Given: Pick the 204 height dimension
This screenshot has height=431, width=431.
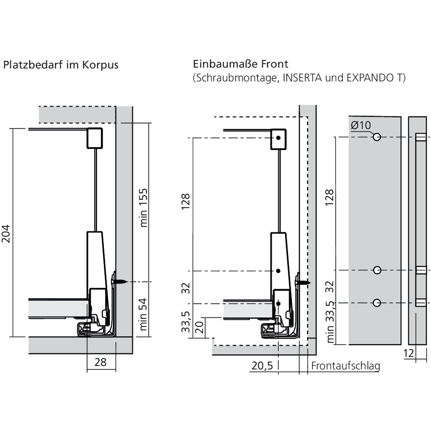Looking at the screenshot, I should [x=6, y=233].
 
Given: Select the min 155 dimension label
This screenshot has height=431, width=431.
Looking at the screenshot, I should [x=144, y=207].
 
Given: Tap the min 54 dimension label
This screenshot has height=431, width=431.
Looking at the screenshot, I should [x=144, y=314].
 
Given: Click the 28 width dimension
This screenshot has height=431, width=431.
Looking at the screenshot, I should [x=100, y=362].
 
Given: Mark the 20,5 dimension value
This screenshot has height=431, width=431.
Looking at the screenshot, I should [x=262, y=366].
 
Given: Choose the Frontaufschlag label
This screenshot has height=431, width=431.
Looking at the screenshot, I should [x=346, y=366].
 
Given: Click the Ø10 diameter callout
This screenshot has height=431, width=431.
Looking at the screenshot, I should [x=360, y=126].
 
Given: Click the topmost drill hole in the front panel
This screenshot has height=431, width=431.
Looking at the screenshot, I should [x=377, y=137].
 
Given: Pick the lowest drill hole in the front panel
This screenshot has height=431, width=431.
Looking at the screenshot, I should [x=377, y=303].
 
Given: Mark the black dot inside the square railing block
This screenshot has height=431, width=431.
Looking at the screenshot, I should [x=279, y=137].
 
